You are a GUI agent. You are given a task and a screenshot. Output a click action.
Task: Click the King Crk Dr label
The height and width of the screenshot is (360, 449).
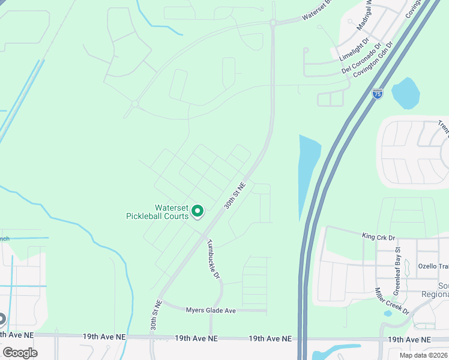point(378,236)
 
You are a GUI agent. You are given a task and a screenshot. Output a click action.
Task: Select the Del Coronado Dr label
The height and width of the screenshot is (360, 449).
point(361,59)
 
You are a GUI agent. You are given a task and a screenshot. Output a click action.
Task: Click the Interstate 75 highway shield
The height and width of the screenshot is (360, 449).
point(377,94)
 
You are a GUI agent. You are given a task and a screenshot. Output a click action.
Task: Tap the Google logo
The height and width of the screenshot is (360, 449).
point(19,352)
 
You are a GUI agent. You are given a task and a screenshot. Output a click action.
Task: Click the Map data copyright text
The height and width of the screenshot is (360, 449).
point(423,355)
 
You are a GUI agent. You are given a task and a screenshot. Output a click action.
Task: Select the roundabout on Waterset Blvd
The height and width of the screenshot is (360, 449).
point(273,23)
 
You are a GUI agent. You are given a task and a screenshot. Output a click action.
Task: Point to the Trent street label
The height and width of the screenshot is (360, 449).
point(443,127)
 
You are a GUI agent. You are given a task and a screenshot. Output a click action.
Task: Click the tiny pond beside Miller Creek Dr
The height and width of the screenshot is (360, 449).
point(388,313)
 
